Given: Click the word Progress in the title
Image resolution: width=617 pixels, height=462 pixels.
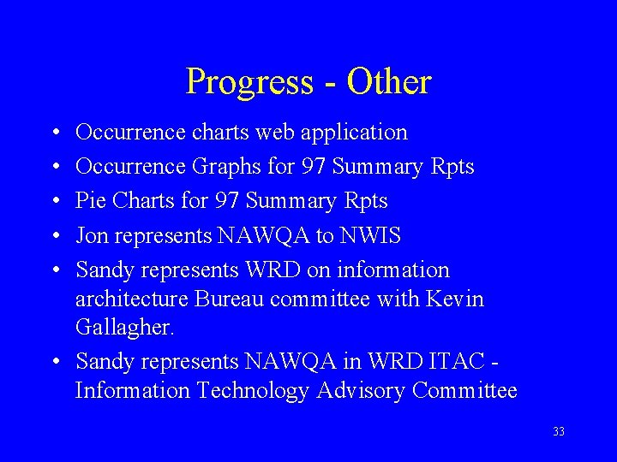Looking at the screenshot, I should pos(249,83).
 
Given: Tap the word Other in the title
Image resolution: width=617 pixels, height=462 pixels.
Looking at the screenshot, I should pos(390,82).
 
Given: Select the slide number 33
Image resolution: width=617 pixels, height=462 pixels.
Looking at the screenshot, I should pos(559,432).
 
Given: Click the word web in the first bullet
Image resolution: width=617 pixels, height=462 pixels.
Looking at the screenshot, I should pos(274,133).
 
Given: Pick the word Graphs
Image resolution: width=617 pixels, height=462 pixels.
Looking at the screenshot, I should pos(221,168).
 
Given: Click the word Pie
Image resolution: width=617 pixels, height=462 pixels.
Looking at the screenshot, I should pos(91,202).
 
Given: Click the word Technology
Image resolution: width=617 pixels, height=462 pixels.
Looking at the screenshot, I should pos(255,392).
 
